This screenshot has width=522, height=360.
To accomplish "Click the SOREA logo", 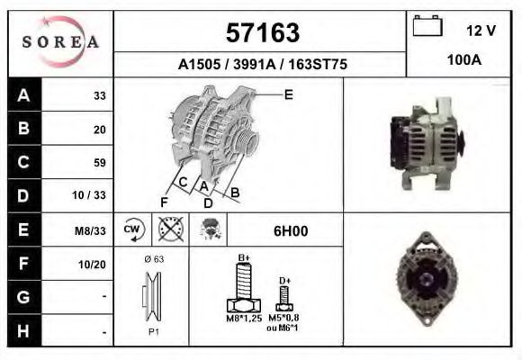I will click(60, 43).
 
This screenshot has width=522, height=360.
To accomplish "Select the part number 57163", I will click(261, 32).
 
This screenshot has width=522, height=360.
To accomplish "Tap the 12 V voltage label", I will click(481, 31).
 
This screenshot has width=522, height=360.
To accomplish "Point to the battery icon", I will click(426, 27).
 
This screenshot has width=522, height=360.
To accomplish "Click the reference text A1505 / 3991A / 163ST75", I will click(262, 65).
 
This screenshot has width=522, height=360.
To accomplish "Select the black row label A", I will click(23, 95).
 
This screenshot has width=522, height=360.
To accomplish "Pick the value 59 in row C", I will click(99, 163).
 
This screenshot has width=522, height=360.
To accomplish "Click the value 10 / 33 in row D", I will click(94, 196).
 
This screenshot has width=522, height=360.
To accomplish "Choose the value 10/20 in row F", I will click(94, 264).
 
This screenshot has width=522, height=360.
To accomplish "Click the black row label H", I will click(23, 330).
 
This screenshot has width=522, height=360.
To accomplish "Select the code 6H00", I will click(291, 231).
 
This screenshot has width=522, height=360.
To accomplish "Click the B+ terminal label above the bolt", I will click(243, 258).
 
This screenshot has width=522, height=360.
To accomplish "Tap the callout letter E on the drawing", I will click(289, 93).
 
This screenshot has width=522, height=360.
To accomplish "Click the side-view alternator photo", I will click(427, 145).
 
